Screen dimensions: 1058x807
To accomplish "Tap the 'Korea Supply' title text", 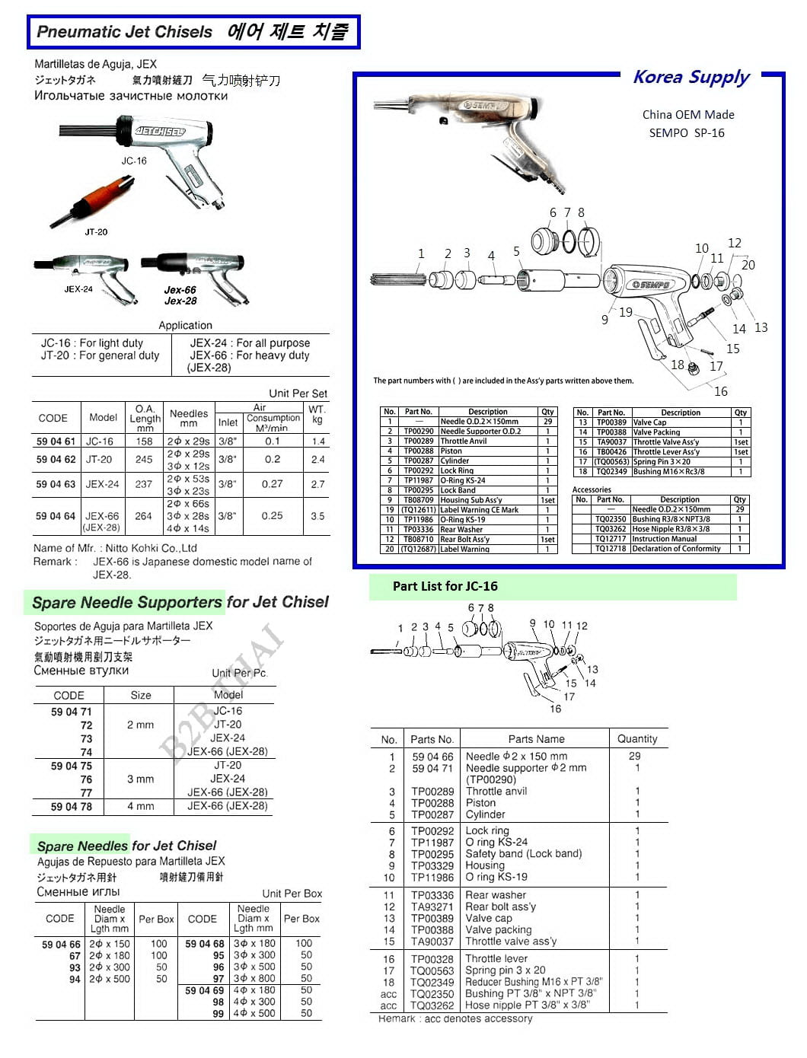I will coord(691,77).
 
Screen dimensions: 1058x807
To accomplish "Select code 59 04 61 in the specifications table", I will coord(56,441).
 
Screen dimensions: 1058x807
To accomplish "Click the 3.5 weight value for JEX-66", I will coord(317,516).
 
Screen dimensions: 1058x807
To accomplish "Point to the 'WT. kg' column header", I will coord(317,414).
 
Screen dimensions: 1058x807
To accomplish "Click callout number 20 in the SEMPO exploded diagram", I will coord(748,265).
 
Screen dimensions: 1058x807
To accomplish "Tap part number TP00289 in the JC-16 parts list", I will coord(432,792).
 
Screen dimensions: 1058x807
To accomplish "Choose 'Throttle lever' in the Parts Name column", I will coord(496,959).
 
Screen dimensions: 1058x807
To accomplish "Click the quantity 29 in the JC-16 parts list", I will coord(634,756).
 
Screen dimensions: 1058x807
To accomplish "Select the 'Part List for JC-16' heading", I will coord(445,586).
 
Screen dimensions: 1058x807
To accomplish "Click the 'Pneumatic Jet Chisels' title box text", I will coord(124,32).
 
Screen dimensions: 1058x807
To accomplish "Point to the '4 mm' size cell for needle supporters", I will coord(140,806).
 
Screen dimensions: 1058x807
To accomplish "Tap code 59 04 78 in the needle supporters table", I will coord(71,806).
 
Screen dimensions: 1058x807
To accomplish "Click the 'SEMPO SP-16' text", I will coord(686,132).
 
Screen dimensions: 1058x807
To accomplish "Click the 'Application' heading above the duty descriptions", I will coord(185,325).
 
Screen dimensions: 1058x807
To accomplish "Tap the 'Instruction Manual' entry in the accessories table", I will coord(664,539).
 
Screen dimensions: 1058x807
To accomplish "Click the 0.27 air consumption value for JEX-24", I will coord(273,484).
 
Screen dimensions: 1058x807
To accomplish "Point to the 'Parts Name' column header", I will coord(536,739).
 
